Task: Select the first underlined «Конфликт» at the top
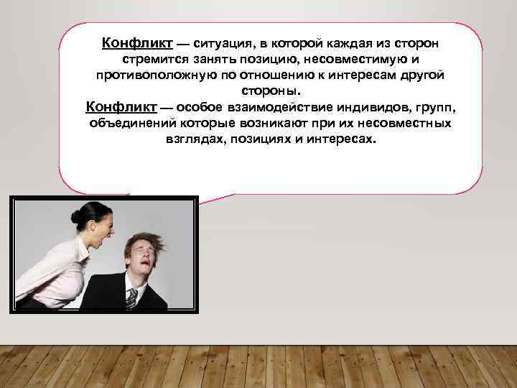coord(134,44)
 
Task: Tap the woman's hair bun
coord(76,216)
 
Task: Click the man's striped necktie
coord(131,298)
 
